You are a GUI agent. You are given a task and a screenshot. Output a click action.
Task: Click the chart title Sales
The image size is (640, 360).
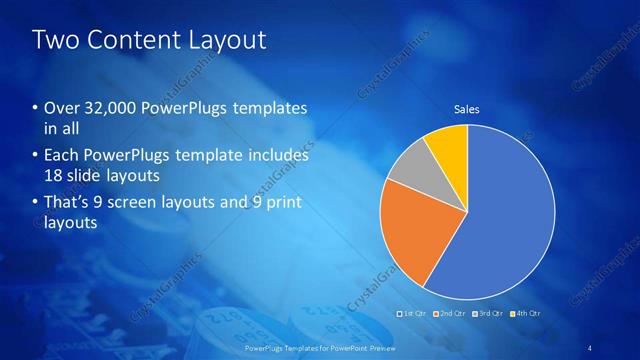point(467,108)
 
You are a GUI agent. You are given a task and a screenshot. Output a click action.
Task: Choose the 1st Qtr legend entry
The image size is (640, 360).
point(413,314)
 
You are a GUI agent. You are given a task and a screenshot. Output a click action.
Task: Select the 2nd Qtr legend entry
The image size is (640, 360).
point(447,314)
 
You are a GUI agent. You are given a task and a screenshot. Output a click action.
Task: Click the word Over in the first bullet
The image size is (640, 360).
point(59,108)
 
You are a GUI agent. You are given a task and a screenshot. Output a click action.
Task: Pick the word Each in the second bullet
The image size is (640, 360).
point(60,156)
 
